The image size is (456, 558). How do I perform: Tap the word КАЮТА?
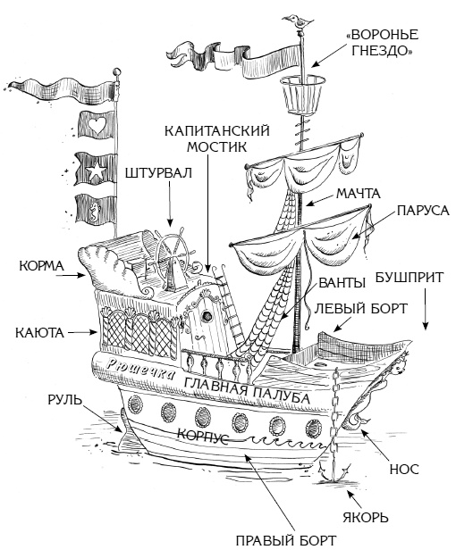(39, 332)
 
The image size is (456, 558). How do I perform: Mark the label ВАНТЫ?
(341, 284)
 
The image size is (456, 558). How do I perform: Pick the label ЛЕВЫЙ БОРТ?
(361, 308)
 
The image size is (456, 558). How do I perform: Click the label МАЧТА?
(359, 193)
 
